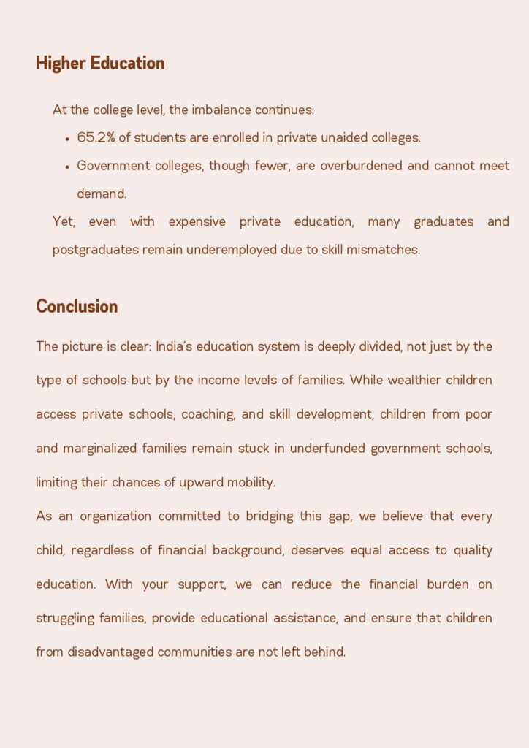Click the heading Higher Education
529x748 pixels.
100,64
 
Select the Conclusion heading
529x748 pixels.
77,306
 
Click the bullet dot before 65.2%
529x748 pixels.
67,138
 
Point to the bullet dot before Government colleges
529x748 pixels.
67,167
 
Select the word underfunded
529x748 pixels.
328,449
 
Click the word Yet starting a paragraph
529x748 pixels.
64,221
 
